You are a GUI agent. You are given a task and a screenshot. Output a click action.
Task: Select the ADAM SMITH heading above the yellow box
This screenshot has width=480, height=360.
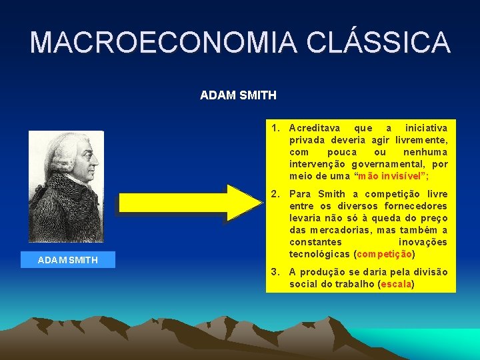pos(238,95)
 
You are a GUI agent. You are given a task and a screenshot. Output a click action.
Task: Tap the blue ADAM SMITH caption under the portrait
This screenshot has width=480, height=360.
pos(68,259)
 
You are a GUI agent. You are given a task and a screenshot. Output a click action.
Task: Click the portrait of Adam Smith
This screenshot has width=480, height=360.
pos(66,186)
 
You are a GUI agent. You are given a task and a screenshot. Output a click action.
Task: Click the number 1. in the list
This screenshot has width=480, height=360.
pos(276,127)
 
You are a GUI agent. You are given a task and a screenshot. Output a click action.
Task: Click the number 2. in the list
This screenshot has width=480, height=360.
pos(276,194)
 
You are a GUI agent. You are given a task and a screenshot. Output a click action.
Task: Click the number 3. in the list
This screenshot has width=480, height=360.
pos(276,272)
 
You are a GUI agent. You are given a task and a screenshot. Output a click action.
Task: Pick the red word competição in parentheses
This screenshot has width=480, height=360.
pos(385,254)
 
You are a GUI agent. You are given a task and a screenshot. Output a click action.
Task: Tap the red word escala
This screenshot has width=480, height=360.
pos(395,284)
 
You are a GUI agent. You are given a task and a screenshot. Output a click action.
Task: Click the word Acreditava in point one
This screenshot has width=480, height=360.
pos(315,127)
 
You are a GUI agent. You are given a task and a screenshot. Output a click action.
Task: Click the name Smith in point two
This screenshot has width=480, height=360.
pos(331,194)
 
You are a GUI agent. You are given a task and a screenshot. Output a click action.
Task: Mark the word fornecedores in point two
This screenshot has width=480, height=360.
pos(416,206)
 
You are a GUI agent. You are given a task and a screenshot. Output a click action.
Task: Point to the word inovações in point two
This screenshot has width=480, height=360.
pos(423,242)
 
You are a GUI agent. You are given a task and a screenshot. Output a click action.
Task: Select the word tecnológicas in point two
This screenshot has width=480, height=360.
pos(320,254)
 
